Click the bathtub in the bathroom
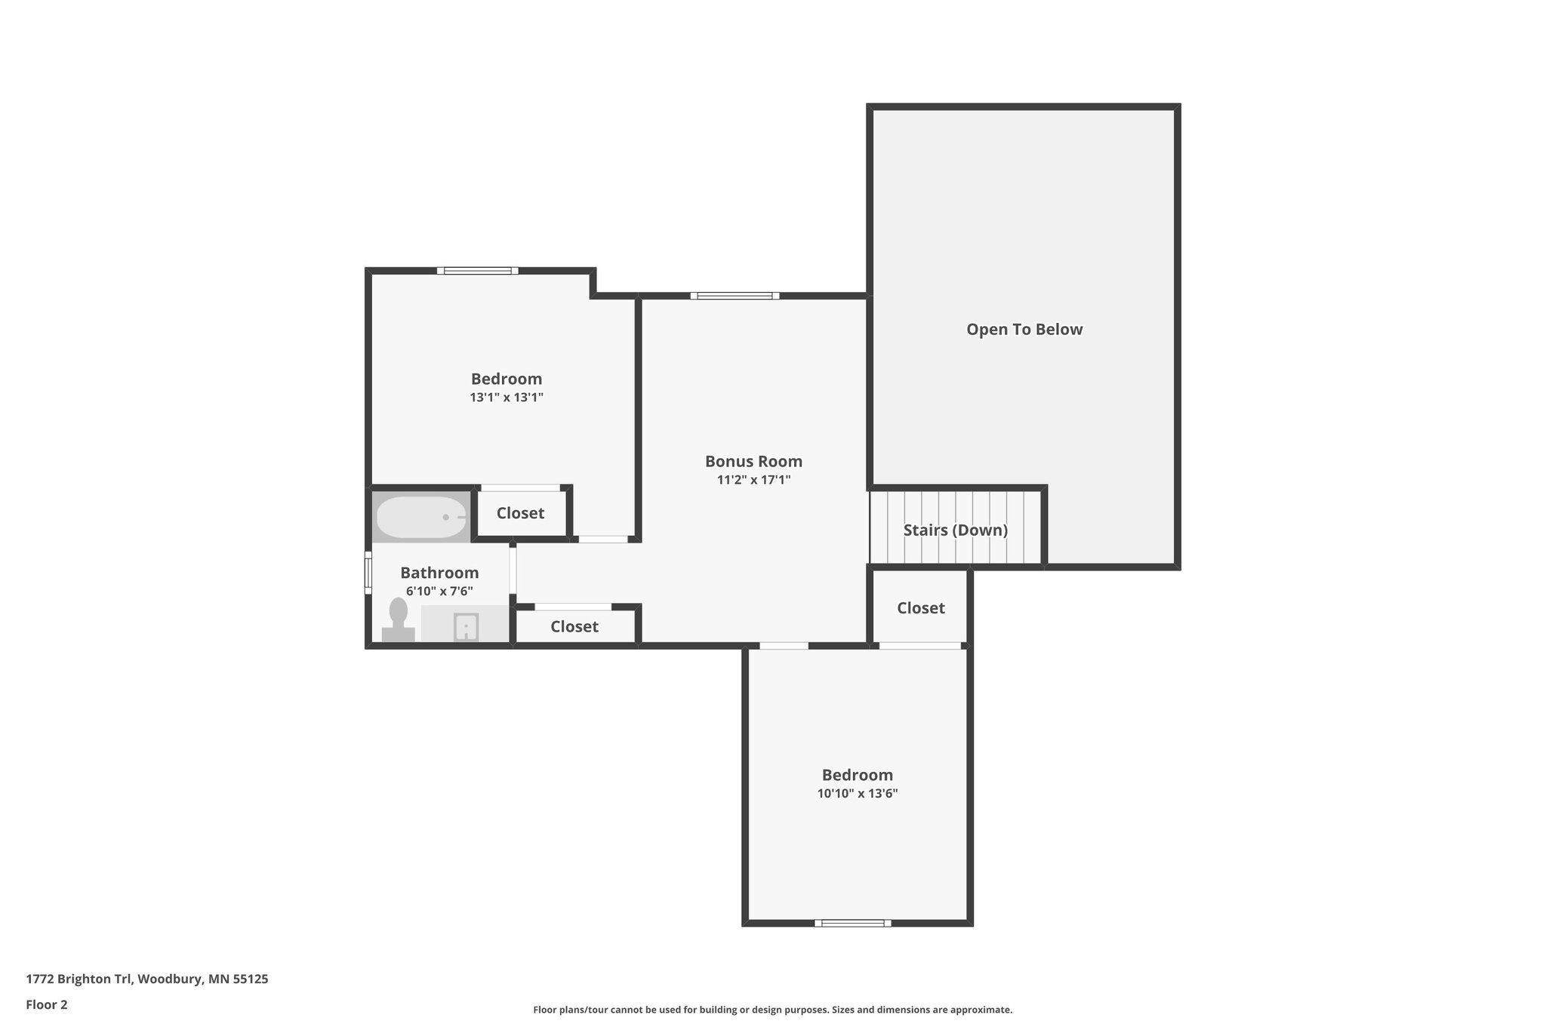(421, 517)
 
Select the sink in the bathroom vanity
(466, 627)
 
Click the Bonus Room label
(753, 461)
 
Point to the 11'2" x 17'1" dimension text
(753, 480)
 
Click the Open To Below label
(1024, 330)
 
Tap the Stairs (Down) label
(955, 530)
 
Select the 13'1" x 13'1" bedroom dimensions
(507, 398)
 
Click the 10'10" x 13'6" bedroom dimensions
(857, 794)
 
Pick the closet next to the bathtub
(520, 513)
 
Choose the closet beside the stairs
(920, 608)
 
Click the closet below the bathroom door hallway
(574, 626)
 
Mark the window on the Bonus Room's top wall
(735, 296)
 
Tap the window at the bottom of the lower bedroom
(852, 923)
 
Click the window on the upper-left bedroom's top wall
(477, 271)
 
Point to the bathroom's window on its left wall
(368, 573)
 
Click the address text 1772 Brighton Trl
(146, 979)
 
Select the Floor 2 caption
(47, 1005)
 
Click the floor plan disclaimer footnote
(772, 1010)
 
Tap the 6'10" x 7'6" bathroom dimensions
(439, 592)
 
